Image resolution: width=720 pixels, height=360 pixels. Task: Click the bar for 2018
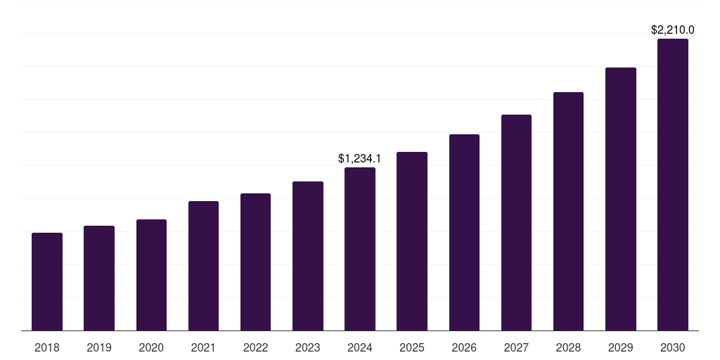pos(47,281)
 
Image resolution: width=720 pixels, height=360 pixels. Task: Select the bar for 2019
pos(99,278)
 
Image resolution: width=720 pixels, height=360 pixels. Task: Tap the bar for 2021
pos(203,266)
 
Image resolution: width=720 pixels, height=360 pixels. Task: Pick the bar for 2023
pos(308,256)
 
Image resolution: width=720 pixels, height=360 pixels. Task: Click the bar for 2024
pos(360,249)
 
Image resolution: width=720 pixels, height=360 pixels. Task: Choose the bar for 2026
pos(464,232)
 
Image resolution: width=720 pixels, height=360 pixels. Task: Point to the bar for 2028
pos(568,211)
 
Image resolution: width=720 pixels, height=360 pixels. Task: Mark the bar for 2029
pos(621,199)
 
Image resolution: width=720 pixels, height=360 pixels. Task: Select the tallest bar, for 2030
pos(673,184)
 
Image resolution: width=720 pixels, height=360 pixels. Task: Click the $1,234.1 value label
pos(360,159)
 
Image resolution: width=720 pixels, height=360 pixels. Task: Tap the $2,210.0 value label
pos(673,30)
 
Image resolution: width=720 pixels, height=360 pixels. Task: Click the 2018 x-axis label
pos(47,347)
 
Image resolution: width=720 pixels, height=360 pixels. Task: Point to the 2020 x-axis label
pos(151,347)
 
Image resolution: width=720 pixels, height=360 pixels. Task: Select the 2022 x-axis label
pos(255,347)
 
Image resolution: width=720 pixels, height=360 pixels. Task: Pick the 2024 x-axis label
pos(360,347)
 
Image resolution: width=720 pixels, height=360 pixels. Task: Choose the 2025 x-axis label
pos(412,347)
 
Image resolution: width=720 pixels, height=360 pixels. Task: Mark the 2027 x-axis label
pos(516,347)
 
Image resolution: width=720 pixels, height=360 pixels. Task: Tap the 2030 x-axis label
pos(673,347)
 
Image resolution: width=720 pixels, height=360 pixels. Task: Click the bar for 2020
pos(151,275)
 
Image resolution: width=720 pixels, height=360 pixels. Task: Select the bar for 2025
pos(412,241)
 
